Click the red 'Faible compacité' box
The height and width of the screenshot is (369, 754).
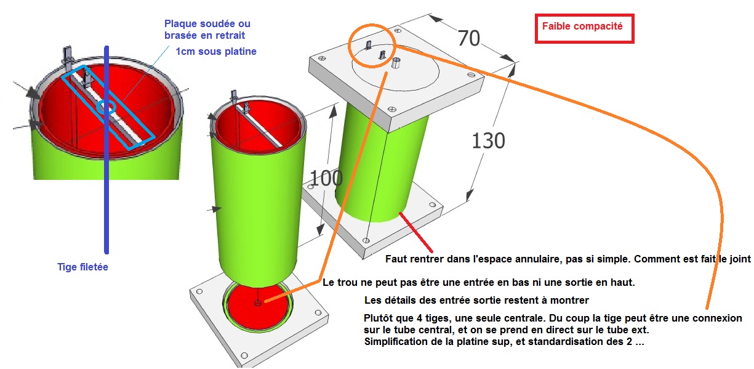click(584, 28)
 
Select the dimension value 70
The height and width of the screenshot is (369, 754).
click(468, 38)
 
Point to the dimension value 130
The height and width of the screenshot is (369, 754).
click(489, 140)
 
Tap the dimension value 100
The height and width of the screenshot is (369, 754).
click(326, 178)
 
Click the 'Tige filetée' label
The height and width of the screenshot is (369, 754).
click(83, 267)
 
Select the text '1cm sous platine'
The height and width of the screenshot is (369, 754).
click(216, 51)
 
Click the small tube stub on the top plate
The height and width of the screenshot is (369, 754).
click(396, 63)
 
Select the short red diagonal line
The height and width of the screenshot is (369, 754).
click(415, 232)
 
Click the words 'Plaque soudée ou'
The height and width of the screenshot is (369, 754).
click(207, 23)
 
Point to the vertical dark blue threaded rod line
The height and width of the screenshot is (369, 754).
click(106, 150)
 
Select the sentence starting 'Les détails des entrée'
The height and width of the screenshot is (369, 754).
click(476, 300)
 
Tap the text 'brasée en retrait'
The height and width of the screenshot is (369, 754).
click(204, 35)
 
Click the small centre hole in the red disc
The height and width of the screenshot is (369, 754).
click(257, 303)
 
